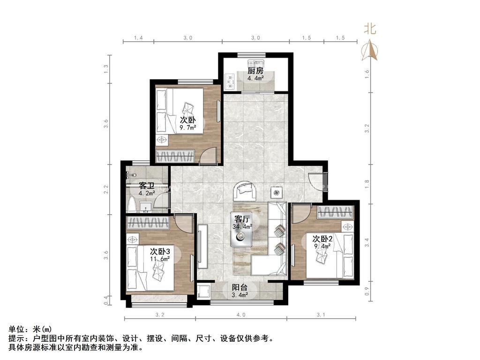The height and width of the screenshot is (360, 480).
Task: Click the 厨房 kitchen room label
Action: (255, 71)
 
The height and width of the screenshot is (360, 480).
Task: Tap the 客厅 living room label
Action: (242, 219)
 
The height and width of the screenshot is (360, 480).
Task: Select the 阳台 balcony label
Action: (240, 287)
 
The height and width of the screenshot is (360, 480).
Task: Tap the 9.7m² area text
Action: (187, 127)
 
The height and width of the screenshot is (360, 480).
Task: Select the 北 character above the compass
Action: (370, 29)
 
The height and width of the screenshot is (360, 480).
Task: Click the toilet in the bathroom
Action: (133, 205)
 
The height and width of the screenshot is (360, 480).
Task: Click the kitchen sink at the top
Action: (256, 64)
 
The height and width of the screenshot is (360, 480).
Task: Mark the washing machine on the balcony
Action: (203, 292)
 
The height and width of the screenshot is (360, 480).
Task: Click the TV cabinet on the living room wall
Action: (202, 246)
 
